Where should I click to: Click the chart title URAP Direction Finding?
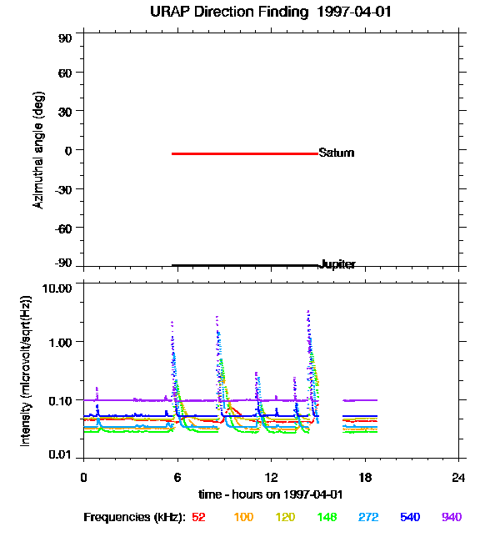coord(229,13)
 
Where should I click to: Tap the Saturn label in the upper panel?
coord(336,153)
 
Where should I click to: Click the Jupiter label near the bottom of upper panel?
coord(337,264)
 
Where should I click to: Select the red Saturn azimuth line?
coord(245,153)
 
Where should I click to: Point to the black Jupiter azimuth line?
coord(245,265)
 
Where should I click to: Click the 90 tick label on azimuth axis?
coord(65,38)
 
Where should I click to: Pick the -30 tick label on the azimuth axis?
coord(63,190)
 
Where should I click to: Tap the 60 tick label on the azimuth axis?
coord(65,73)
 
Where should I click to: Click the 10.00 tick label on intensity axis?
coord(57,289)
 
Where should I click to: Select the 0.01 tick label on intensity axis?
coord(60,454)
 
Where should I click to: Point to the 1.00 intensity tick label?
coord(60,343)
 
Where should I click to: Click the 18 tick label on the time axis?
coord(365,477)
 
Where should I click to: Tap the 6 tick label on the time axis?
coord(177,477)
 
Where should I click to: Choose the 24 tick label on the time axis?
coord(458,477)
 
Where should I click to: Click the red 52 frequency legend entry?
coord(198,517)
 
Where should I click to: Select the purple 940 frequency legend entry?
coord(452,517)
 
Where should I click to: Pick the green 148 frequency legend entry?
coord(327,517)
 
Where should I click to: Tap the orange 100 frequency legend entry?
coord(243,517)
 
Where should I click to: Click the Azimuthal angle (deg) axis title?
coord(38,150)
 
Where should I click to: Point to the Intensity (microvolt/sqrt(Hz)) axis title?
coord(26,371)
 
